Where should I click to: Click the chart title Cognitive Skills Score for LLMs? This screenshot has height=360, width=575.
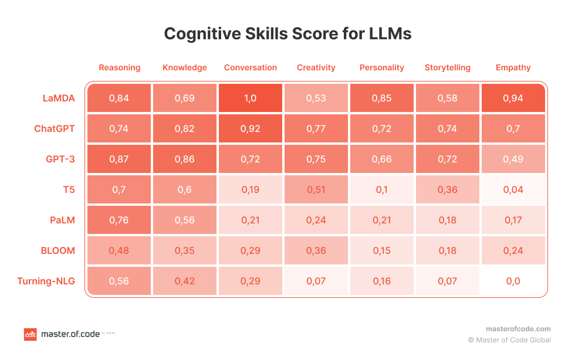pyautogui.click(x=287, y=34)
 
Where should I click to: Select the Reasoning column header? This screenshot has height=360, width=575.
pyautogui.click(x=120, y=67)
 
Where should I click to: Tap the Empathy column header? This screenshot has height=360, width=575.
pyautogui.click(x=513, y=67)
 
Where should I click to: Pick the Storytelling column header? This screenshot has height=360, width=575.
pyautogui.click(x=447, y=67)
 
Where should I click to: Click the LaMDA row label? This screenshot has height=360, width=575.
pyautogui.click(x=59, y=98)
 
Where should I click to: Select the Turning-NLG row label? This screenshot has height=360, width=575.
pyautogui.click(x=46, y=281)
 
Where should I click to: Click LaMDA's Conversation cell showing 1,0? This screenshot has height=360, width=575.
pyautogui.click(x=251, y=98)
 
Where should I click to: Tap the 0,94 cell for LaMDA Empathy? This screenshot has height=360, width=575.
pyautogui.click(x=513, y=98)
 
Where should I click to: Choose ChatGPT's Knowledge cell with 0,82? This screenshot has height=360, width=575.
pyautogui.click(x=185, y=128)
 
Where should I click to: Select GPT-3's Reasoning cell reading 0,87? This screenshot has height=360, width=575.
pyautogui.click(x=119, y=159)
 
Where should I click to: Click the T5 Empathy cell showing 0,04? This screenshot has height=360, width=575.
pyautogui.click(x=513, y=189)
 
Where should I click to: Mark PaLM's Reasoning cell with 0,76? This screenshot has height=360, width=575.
pyautogui.click(x=119, y=220)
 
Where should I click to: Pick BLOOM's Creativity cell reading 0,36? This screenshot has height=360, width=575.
pyautogui.click(x=316, y=250)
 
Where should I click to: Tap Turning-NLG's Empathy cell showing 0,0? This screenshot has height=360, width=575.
pyautogui.click(x=513, y=281)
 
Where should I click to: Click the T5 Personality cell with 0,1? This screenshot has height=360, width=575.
pyautogui.click(x=382, y=189)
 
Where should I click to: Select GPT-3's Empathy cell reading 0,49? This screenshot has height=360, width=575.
pyautogui.click(x=513, y=159)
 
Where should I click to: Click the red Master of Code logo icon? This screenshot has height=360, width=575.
pyautogui.click(x=30, y=334)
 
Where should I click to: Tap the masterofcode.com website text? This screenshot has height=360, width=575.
pyautogui.click(x=518, y=329)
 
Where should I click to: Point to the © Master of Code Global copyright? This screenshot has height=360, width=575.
pyautogui.click(x=509, y=339)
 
